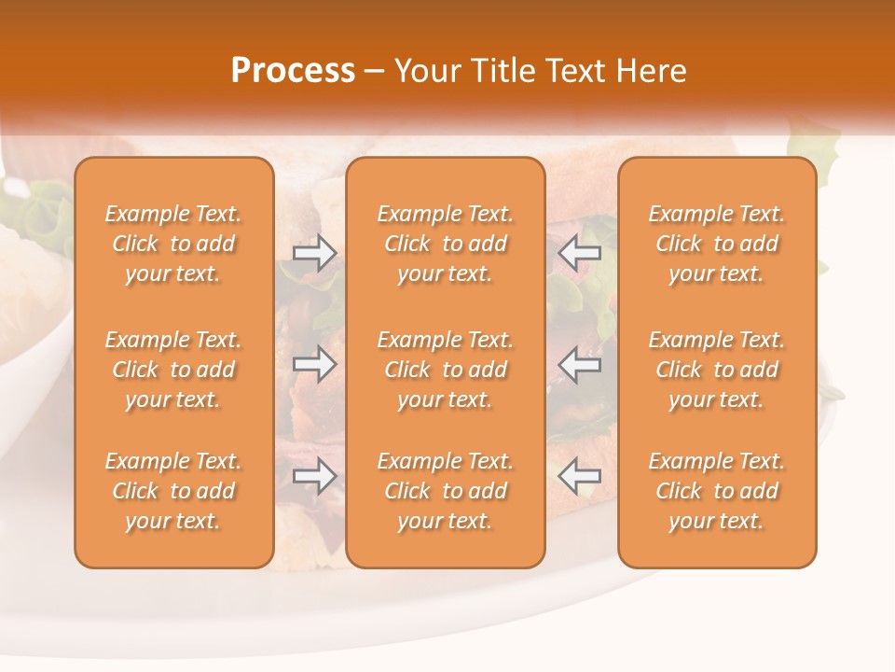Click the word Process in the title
click(293, 71)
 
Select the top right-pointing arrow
click(315, 253)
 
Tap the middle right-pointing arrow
click(315, 364)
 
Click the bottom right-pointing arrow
click(315, 476)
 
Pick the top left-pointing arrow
click(579, 253)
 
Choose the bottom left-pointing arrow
click(579, 476)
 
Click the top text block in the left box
click(173, 244)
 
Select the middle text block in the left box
click(173, 370)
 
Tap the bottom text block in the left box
click(173, 491)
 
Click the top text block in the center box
click(445, 244)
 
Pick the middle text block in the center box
click(445, 370)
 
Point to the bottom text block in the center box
click(445, 491)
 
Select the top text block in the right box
click(716, 244)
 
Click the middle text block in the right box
click(716, 370)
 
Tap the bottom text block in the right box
click(716, 491)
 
